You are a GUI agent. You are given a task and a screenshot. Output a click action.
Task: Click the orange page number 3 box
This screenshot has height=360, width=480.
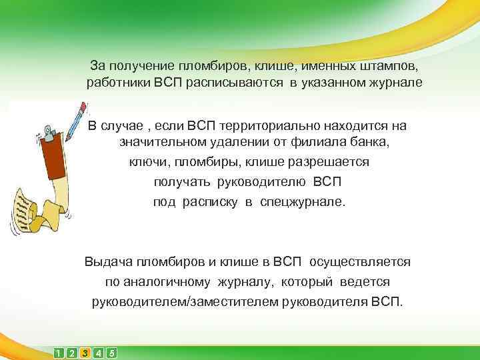pyautogui.click(x=85, y=353)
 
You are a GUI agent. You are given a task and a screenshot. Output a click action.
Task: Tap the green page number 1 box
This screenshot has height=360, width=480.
pyautogui.click(x=59, y=353)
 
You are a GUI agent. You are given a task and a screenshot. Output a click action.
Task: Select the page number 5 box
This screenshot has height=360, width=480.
pyautogui.click(x=111, y=353)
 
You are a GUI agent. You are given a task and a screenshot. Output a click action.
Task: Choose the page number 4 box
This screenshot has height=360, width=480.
pyautogui.click(x=99, y=353)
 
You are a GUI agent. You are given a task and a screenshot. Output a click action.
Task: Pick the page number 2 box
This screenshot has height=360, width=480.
pyautogui.click(x=72, y=353)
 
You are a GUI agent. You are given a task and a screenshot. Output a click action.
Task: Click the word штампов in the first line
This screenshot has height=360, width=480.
pyautogui.click(x=393, y=66)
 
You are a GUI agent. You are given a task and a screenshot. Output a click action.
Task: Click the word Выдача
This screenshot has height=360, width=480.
pyautogui.click(x=107, y=262)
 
